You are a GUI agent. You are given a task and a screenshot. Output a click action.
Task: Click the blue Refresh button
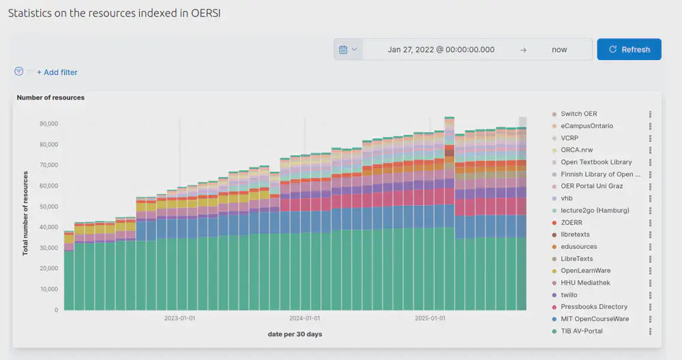(x=629, y=49)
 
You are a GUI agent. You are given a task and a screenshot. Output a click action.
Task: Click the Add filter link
(x=57, y=72)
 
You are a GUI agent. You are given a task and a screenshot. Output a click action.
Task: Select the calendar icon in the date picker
(x=344, y=49)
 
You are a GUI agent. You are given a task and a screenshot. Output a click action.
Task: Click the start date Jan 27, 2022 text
(x=441, y=50)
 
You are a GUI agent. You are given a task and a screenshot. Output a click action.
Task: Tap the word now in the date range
(x=559, y=50)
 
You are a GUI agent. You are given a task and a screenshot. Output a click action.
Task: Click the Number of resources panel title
(x=50, y=97)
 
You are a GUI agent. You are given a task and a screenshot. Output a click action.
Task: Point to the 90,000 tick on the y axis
(x=48, y=123)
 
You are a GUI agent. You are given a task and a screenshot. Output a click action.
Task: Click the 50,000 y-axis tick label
(x=48, y=207)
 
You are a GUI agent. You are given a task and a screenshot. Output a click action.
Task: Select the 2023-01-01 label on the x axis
(x=179, y=318)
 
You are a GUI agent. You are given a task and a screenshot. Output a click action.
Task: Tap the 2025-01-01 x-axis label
(x=430, y=318)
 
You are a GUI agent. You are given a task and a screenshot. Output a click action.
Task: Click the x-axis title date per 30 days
(x=295, y=334)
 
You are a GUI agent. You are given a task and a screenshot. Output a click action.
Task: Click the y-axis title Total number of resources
(x=26, y=213)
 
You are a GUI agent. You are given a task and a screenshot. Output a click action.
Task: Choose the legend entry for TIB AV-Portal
(x=581, y=331)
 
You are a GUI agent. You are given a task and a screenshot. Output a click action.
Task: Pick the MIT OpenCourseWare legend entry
(x=594, y=319)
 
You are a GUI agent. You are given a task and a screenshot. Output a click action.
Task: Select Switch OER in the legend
(x=578, y=114)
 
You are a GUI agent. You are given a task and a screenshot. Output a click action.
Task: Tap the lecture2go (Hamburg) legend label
(x=594, y=211)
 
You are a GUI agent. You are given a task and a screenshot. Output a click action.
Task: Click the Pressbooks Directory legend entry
(x=594, y=307)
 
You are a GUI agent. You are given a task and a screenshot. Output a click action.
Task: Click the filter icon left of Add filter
(x=19, y=72)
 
